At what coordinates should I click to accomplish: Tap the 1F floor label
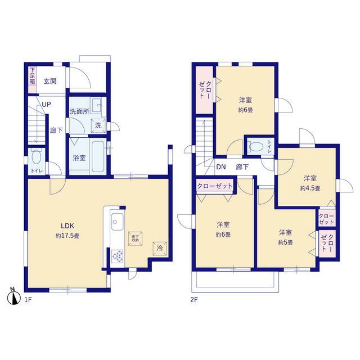[x=28, y=300]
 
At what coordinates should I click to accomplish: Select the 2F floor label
[x=193, y=300]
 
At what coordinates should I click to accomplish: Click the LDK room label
[x=67, y=226]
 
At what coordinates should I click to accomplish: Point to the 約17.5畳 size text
[x=67, y=236]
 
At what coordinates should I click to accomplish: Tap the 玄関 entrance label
[x=50, y=81]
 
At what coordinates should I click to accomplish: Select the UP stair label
[x=46, y=105]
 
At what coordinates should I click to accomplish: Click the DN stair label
[x=221, y=167]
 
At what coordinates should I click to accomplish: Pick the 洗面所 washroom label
[x=79, y=111]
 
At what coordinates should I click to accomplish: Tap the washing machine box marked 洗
[x=98, y=125]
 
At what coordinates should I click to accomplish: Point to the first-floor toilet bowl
[x=37, y=156]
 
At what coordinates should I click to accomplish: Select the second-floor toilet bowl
[x=256, y=147]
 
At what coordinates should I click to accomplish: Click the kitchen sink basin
[x=117, y=222]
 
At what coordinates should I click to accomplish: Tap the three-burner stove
[x=118, y=256]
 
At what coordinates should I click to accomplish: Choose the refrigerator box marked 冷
[x=160, y=249]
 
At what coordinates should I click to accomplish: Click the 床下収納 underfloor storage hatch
[x=135, y=238]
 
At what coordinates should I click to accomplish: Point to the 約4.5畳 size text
[x=310, y=188]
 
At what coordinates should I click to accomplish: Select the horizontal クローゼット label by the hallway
[x=215, y=186]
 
